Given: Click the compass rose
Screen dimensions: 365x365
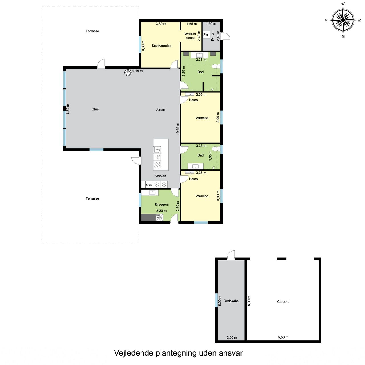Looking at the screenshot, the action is [343, 20].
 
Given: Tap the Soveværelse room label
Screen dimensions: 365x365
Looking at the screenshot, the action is [161, 46].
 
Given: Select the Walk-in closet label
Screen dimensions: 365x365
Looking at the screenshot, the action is [190, 36].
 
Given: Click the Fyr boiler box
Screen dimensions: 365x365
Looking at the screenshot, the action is [206, 35].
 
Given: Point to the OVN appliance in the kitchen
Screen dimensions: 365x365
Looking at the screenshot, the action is [149, 185].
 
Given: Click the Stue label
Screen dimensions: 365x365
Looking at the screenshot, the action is [95, 109].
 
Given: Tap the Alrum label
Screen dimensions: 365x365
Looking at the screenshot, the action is [161, 110].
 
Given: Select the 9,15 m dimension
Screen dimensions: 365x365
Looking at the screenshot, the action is [137, 71].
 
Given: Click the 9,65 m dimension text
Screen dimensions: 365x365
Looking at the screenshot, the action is [178, 128].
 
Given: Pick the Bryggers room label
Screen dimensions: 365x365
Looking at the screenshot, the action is [162, 204].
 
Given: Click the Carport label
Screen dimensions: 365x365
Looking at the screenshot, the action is [283, 302].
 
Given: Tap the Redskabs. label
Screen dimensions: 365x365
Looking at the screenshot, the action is [232, 301].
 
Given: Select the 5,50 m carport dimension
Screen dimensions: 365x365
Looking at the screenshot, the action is [283, 337].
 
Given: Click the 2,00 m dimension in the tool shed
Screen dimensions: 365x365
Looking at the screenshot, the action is [232, 338].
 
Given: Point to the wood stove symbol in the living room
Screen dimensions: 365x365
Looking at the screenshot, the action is [128, 72].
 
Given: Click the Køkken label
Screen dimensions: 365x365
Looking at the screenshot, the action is [160, 176].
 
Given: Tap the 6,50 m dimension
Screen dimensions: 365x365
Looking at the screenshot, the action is [68, 109].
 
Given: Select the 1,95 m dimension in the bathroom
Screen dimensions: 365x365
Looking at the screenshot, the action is [210, 156].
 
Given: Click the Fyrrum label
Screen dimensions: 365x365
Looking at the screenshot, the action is [212, 36].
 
